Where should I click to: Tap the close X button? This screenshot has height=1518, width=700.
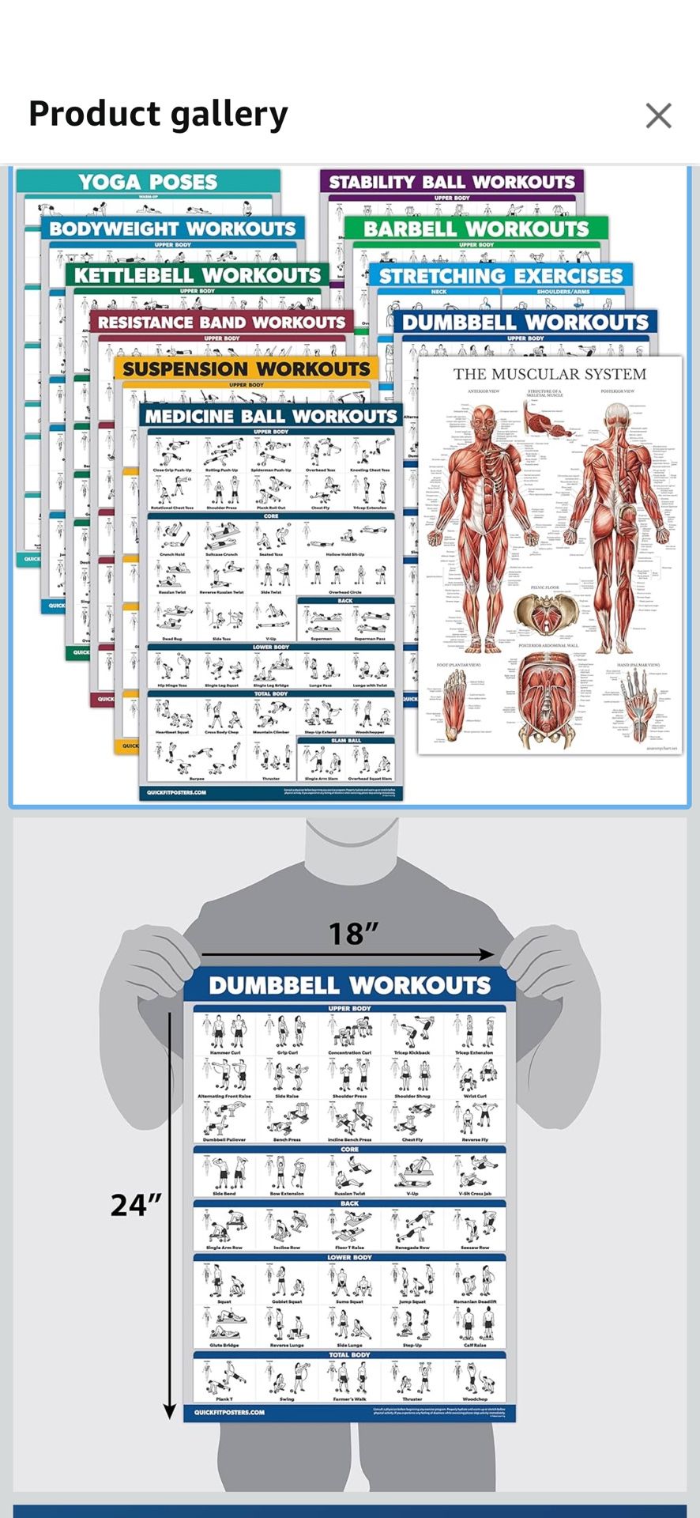(658, 115)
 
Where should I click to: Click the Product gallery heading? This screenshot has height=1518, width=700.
(158, 114)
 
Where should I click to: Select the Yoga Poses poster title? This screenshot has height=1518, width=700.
(148, 182)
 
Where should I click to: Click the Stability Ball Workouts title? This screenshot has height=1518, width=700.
(452, 182)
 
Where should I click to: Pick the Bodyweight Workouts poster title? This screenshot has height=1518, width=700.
(173, 229)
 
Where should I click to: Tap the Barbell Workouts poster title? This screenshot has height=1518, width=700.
(476, 229)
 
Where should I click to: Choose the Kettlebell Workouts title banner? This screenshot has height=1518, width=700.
(198, 275)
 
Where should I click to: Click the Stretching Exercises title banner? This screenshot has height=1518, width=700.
(501, 276)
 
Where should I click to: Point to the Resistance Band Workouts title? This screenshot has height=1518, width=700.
(222, 323)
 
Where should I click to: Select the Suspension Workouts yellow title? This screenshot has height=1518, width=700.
(247, 369)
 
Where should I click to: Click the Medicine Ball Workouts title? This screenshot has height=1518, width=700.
(270, 417)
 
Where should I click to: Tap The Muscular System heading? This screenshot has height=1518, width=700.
(549, 374)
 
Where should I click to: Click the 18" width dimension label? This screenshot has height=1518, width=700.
(352, 934)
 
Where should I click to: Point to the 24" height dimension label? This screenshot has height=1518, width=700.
(136, 1205)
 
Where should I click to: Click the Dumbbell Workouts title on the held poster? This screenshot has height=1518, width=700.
(349, 985)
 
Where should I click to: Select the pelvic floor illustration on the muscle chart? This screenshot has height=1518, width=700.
(544, 614)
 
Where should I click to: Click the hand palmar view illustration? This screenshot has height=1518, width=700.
(639, 700)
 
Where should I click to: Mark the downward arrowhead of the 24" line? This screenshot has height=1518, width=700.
(169, 1410)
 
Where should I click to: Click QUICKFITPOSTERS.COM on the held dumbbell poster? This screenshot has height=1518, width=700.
(229, 1412)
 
